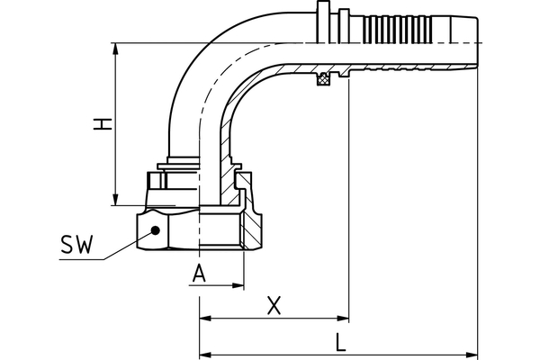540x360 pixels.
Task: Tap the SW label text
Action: pyautogui.click(x=77, y=244)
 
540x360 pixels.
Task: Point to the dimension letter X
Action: pyautogui.click(x=275, y=305)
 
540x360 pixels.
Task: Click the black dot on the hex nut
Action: pyautogui.click(x=156, y=230)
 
